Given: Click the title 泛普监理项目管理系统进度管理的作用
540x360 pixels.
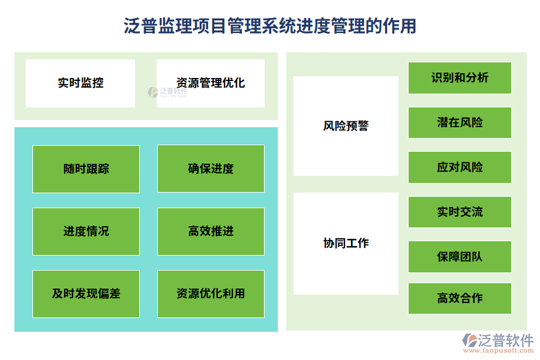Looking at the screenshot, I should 270,26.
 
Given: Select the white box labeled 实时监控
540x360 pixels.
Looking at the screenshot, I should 80,83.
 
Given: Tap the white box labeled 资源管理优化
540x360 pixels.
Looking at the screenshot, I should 211,83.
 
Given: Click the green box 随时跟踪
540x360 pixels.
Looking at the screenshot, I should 86,169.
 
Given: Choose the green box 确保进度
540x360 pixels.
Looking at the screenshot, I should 211,169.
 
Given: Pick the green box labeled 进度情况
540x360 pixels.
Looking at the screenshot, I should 86,231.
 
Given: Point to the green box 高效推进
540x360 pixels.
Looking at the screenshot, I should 211,231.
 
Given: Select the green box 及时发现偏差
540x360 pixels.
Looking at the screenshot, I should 86,293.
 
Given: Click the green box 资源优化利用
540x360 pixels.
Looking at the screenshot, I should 211,293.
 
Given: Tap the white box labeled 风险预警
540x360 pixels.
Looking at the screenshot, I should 346,126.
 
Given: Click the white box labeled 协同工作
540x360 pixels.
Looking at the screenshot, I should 346,243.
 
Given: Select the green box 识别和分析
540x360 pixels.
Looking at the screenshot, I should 460,77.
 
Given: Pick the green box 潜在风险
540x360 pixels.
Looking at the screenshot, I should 460,122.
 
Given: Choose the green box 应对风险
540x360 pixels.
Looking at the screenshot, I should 460,167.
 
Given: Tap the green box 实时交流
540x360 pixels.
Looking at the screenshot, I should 460,212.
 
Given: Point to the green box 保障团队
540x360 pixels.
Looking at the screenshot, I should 460,256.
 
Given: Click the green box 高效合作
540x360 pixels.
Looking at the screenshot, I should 460,298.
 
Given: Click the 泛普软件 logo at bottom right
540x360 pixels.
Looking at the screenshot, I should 497,340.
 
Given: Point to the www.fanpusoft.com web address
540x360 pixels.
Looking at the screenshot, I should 497,352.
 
